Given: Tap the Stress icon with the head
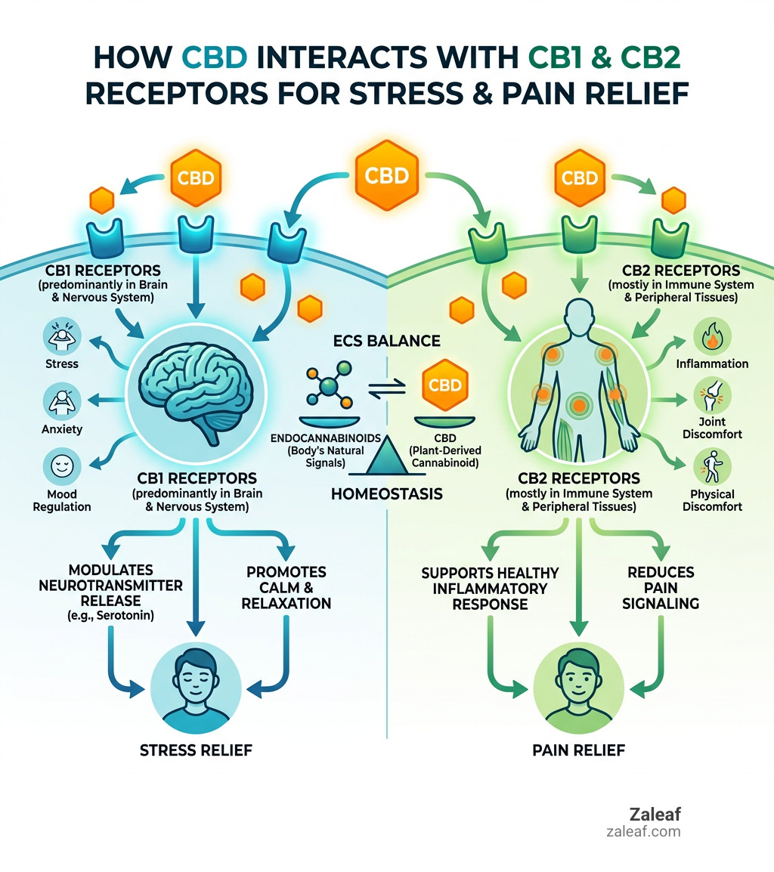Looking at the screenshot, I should [x=60, y=335].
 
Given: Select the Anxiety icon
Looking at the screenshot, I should [x=60, y=400].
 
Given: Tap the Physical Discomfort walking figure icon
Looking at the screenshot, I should [x=711, y=467].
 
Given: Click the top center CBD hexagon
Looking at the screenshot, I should [x=386, y=176].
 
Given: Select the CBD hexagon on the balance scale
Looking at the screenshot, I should [x=444, y=385].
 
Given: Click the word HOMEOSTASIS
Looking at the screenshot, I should [x=386, y=494].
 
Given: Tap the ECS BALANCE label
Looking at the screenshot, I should [x=386, y=341].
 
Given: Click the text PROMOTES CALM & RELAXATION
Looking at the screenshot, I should [x=286, y=587].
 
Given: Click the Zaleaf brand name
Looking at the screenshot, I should [x=655, y=815].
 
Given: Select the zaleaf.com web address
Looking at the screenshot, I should [x=642, y=831].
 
